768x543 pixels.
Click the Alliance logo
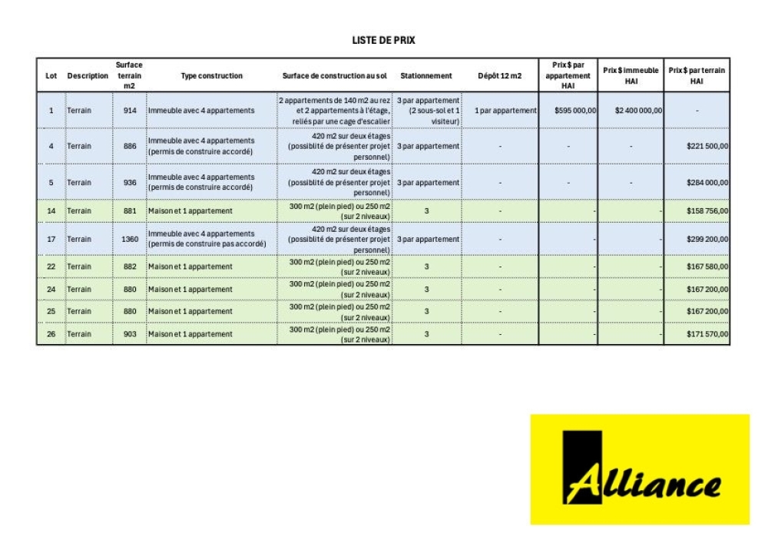pos(639,469)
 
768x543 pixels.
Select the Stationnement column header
pos(426,76)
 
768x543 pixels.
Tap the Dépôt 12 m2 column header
pos(499,76)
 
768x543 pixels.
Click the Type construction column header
pos(211,76)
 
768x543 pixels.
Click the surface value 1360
pos(130,239)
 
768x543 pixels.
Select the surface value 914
pos(130,111)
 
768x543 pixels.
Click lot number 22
pos(51,267)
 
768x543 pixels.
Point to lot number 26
pos(51,335)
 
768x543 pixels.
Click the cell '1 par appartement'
pos(505,111)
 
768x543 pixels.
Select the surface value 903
pos(130,335)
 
